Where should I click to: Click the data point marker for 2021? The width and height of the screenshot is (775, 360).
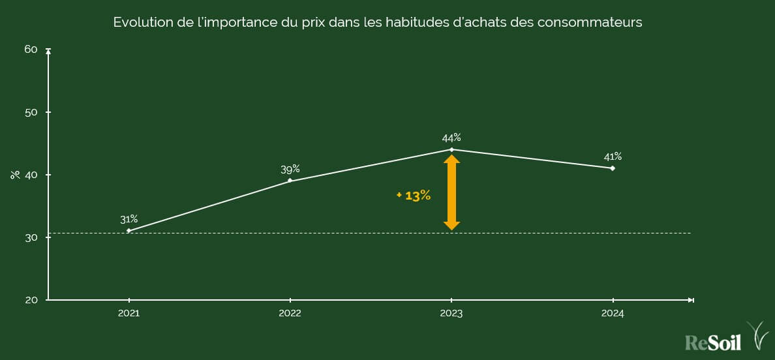pyautogui.click(x=129, y=231)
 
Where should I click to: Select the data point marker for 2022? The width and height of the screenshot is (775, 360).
pyautogui.click(x=290, y=181)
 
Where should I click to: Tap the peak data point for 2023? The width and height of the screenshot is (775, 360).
pyautogui.click(x=451, y=149)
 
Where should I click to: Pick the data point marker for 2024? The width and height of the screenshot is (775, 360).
pyautogui.click(x=613, y=168)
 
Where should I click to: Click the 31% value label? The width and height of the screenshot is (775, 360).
pyautogui.click(x=129, y=219)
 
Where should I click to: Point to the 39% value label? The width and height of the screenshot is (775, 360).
pyautogui.click(x=290, y=169)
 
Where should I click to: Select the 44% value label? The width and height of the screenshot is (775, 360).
pyautogui.click(x=451, y=138)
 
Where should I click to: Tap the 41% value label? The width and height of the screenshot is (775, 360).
pyautogui.click(x=613, y=157)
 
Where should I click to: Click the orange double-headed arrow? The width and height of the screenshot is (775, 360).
pyautogui.click(x=451, y=192)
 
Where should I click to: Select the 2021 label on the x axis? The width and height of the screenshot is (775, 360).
pyautogui.click(x=129, y=314)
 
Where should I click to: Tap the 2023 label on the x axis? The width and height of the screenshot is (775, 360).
pyautogui.click(x=451, y=314)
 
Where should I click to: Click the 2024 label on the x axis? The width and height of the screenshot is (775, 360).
pyautogui.click(x=613, y=314)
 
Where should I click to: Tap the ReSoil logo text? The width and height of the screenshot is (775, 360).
pyautogui.click(x=713, y=342)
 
